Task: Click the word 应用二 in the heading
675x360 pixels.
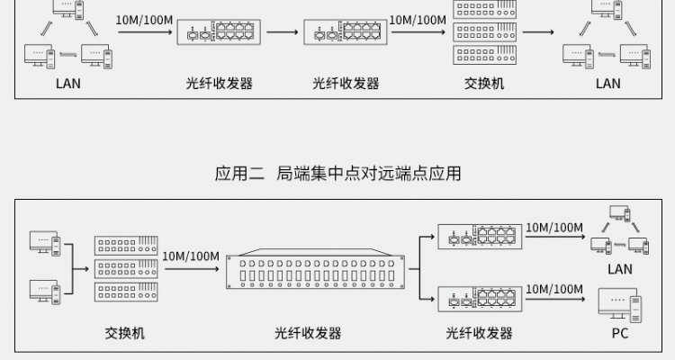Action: pyautogui.click(x=239, y=174)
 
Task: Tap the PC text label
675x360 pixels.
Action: pyautogui.click(x=620, y=333)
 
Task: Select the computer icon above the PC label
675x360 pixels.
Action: pyautogui.click(x=620, y=305)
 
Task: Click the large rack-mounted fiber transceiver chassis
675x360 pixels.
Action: pyautogui.click(x=316, y=269)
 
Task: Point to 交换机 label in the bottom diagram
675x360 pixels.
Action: pyautogui.click(x=125, y=333)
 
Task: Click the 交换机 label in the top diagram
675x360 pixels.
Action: pyautogui.click(x=484, y=83)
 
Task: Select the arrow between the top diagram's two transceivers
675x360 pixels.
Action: pyautogui.click(x=282, y=31)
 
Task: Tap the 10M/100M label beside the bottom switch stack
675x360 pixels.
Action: pyautogui.click(x=191, y=256)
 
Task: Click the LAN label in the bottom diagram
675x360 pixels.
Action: pyautogui.click(x=620, y=269)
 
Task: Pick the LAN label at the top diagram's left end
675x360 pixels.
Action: pyautogui.click(x=68, y=83)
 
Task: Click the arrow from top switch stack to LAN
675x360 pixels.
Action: pyautogui.click(x=538, y=31)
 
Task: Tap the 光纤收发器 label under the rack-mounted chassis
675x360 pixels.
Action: pyautogui.click(x=308, y=333)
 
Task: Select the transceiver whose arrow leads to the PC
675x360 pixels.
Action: pyautogui.click(x=480, y=299)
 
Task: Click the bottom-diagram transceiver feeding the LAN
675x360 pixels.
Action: pyautogui.click(x=480, y=237)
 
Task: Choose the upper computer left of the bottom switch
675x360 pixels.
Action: pyautogui.click(x=45, y=244)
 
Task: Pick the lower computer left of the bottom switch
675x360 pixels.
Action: pyautogui.click(x=45, y=292)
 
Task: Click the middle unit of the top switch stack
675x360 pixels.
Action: pyautogui.click(x=485, y=31)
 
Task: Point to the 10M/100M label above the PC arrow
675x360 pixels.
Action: pyautogui.click(x=554, y=289)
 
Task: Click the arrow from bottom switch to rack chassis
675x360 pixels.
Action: pyautogui.click(x=192, y=269)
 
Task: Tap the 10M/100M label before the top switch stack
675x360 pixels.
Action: pyautogui.click(x=418, y=20)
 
